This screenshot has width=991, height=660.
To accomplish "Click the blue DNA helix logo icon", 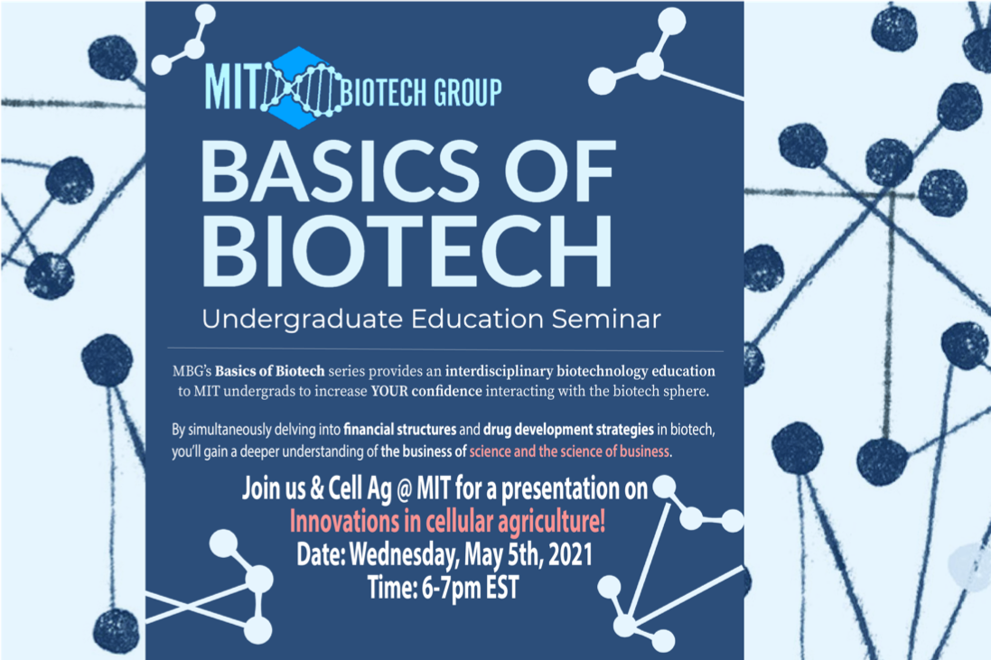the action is tap(301, 88).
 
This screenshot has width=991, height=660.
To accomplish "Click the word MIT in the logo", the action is tap(232, 88).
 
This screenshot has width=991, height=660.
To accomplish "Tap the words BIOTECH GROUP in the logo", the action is tap(421, 92).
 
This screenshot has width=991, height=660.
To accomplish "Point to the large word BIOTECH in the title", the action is tap(407, 251).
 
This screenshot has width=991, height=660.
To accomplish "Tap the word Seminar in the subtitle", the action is tap(606, 319).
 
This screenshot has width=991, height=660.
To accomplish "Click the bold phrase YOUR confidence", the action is tap(426, 391).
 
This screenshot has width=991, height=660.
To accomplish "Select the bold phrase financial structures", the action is tap(399, 430).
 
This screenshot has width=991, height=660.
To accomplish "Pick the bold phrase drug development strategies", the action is tap(569, 430).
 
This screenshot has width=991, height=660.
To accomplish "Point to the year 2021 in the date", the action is tap(571, 554).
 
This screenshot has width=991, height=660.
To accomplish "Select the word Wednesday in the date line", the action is tap(403, 556).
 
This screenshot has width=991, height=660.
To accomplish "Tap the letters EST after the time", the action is tap(502, 588).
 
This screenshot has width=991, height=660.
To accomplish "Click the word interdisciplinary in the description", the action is tap(499, 371).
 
